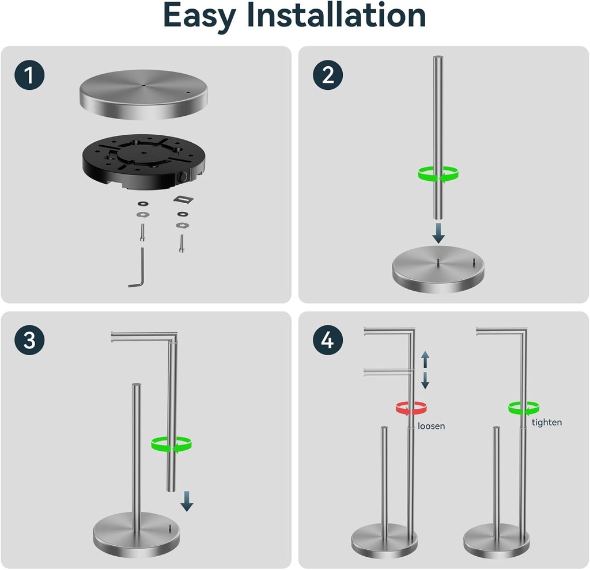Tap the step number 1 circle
(30, 76)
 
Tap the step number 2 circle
(328, 76)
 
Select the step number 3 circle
(30, 341)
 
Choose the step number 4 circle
(328, 341)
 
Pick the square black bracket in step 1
(183, 199)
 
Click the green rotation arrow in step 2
(438, 173)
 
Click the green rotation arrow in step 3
(171, 444)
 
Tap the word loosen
(432, 427)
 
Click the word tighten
(546, 422)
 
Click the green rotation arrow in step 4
(524, 408)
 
